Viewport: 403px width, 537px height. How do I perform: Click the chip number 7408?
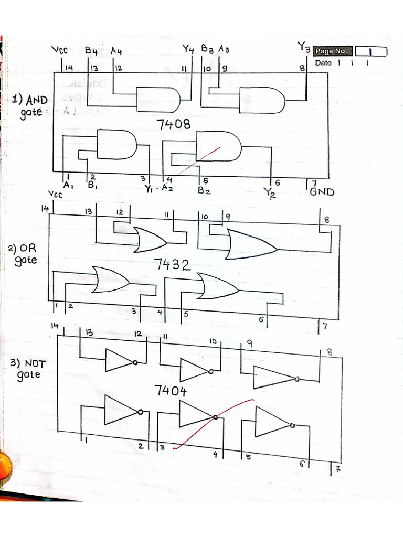click(173, 125)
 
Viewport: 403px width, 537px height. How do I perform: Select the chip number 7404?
click(171, 390)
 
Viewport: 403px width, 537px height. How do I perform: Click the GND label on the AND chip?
click(322, 191)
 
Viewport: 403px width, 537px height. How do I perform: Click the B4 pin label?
click(91, 51)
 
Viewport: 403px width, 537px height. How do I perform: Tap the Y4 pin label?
click(188, 49)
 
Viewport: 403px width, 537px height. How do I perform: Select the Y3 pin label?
click(303, 48)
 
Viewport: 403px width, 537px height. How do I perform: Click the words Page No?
click(331, 51)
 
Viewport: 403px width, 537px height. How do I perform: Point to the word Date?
click(323, 63)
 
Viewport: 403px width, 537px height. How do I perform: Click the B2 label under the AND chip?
click(204, 191)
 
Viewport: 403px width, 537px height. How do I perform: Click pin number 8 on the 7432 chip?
click(326, 220)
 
